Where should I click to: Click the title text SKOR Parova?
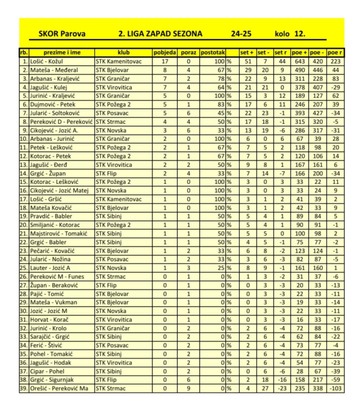[x=62, y=34]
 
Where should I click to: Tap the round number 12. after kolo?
[x=300, y=34]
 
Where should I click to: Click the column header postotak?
[x=213, y=53]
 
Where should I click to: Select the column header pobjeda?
[x=165, y=53]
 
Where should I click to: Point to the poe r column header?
[x=335, y=53]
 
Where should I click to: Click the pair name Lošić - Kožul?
[x=46, y=61]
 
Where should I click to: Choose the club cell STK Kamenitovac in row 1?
[x=118, y=61]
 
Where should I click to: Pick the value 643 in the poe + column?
[x=300, y=61]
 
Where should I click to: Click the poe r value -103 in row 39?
[x=335, y=388]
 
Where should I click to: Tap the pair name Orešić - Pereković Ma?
[x=59, y=388]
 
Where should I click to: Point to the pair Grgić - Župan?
[x=48, y=173]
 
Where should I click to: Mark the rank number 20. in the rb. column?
[x=24, y=225]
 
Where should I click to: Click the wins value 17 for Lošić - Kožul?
[x=165, y=61]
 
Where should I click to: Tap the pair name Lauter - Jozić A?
[x=50, y=268]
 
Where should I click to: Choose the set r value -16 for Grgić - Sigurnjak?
[x=282, y=380]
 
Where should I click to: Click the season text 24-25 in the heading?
[x=241, y=34]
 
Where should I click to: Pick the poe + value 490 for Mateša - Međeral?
[x=300, y=70]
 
